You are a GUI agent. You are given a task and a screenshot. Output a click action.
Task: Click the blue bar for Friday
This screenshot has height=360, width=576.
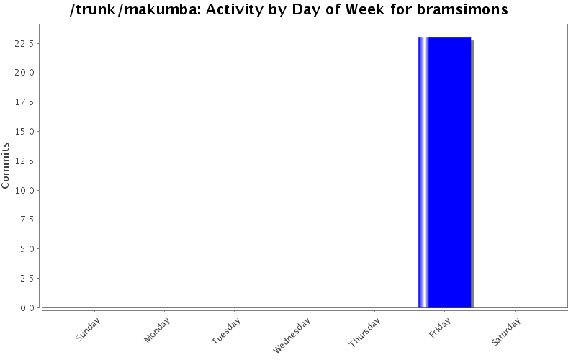[x=445, y=173]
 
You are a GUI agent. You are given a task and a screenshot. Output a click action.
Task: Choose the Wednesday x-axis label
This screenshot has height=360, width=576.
[x=292, y=335]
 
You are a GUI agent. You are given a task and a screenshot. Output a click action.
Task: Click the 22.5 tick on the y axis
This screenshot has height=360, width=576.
[x=27, y=43]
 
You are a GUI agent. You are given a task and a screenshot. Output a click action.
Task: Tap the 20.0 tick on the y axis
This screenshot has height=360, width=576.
[x=27, y=73]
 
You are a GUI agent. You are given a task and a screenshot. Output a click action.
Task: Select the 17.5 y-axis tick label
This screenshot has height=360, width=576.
[x=27, y=102]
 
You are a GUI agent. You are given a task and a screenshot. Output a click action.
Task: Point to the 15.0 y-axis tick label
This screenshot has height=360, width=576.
[x=27, y=132]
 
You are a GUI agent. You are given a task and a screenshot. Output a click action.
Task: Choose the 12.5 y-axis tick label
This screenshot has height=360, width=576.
[x=27, y=161]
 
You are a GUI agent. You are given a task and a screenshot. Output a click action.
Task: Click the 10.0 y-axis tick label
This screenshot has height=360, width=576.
[x=27, y=190]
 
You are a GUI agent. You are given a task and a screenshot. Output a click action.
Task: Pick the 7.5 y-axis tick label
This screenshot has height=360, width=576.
[x=29, y=220]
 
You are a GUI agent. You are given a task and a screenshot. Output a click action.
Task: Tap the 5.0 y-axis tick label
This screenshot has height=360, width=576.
[x=29, y=249]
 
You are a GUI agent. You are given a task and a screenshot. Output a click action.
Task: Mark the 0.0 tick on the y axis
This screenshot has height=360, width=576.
[x=29, y=308]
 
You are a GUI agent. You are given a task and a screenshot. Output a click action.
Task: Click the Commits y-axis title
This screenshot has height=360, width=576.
[x=6, y=166]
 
